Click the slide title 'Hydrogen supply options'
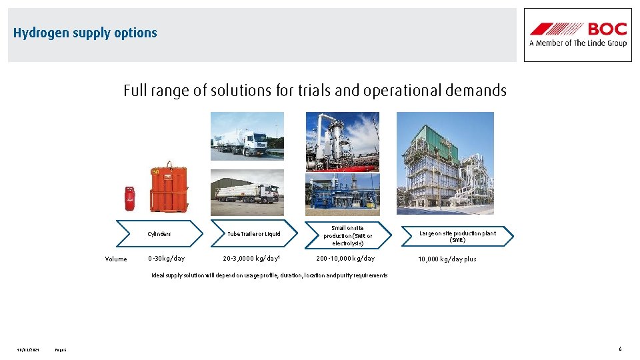(85, 33)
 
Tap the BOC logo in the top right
(577, 35)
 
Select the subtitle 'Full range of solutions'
(315, 91)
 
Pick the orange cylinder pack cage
(169, 189)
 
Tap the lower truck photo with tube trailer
(247, 193)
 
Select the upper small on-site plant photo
(342, 141)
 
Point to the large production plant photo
(445, 163)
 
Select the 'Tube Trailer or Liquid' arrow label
(254, 234)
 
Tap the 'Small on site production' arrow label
(348, 235)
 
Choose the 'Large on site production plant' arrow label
(457, 236)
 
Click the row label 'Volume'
(116, 259)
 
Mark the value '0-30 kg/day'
(167, 259)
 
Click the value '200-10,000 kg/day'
(345, 259)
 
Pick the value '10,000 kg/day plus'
(447, 259)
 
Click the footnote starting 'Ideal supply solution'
(269, 275)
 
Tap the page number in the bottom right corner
(619, 349)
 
